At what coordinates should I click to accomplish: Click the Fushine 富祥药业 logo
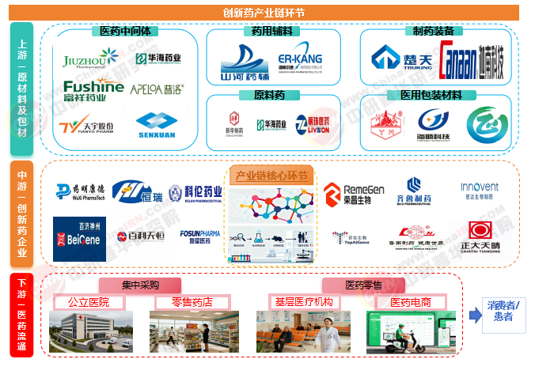(x=93, y=91)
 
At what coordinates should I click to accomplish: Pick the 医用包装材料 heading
(x=432, y=95)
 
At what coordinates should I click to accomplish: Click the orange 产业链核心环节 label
(x=271, y=176)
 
